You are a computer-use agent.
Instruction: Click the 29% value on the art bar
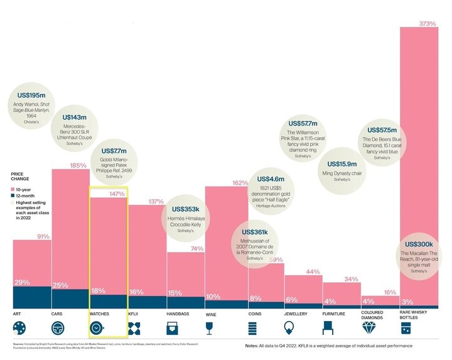click(x=23, y=281)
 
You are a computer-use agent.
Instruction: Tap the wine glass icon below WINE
click(x=210, y=327)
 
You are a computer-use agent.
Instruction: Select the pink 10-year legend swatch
click(x=13, y=188)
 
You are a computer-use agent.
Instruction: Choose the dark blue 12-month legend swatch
click(x=13, y=195)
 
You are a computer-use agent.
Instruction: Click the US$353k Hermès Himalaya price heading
click(x=183, y=209)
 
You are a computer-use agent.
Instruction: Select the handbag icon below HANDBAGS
click(x=171, y=327)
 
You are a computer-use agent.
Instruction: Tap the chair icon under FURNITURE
click(x=327, y=327)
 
